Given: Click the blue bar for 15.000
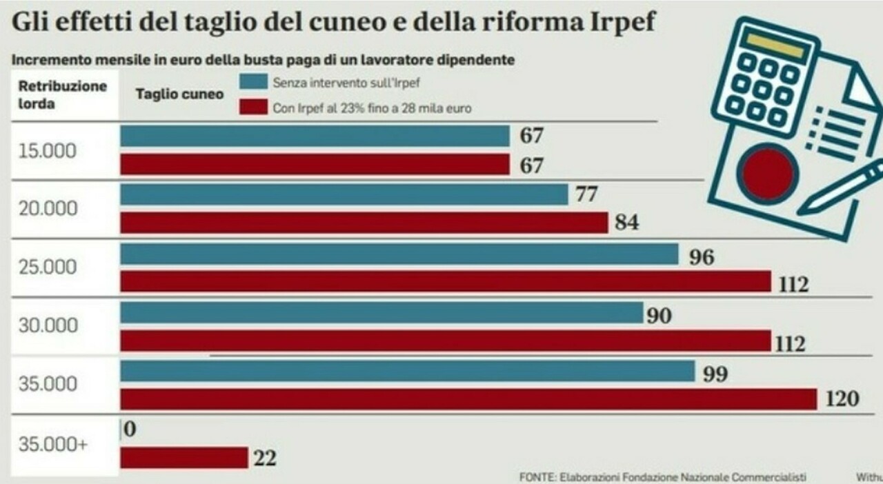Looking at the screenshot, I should tap(315, 136).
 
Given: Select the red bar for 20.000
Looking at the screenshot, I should tap(364, 223).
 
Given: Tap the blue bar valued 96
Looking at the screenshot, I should tap(399, 254).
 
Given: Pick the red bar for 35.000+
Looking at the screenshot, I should tap(184, 457).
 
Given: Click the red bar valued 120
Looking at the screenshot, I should tap(468, 399).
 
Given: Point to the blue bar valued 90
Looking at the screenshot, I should tap(381, 314).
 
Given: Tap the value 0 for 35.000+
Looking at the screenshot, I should tap(130, 429).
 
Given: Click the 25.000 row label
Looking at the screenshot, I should tap(48, 268).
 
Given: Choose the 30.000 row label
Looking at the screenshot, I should tap(48, 326).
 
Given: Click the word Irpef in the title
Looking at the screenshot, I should tap(616, 23).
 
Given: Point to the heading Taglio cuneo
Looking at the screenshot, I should tap(179, 94).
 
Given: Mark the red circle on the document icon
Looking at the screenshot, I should tap(767, 172).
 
